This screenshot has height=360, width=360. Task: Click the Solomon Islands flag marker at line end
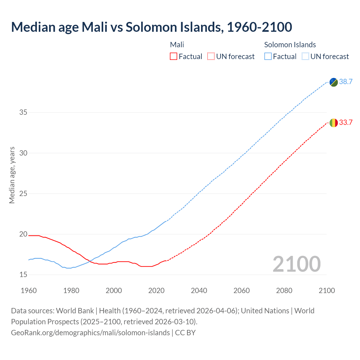[334, 82]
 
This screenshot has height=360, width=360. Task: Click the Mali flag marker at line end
[334, 123]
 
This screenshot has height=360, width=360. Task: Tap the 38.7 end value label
[346, 82]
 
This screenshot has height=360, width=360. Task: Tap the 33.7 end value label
[346, 122]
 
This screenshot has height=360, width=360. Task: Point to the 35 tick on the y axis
[23, 112]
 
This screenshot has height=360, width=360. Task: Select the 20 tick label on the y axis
[23, 234]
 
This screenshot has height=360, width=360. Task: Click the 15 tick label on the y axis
[23, 275]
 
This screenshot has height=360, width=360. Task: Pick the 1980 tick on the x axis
[71, 291]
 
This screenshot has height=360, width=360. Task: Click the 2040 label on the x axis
[199, 291]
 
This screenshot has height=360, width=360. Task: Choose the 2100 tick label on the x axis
[327, 291]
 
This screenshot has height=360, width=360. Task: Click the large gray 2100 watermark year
[296, 264]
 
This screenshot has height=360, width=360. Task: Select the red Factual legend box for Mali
[174, 56]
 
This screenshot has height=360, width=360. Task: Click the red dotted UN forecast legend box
[211, 56]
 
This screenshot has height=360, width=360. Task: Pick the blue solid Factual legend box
[268, 56]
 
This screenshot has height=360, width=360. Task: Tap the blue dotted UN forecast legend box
[305, 56]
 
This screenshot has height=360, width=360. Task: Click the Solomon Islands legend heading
[290, 45]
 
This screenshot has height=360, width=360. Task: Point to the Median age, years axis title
[12, 175]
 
